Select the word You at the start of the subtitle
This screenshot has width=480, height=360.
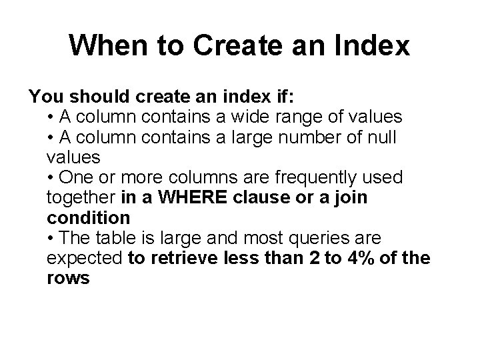click(x=46, y=97)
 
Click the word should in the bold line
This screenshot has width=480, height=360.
click(x=100, y=97)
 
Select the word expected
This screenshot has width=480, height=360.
click(x=85, y=259)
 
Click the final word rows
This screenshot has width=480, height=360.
click(x=69, y=279)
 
